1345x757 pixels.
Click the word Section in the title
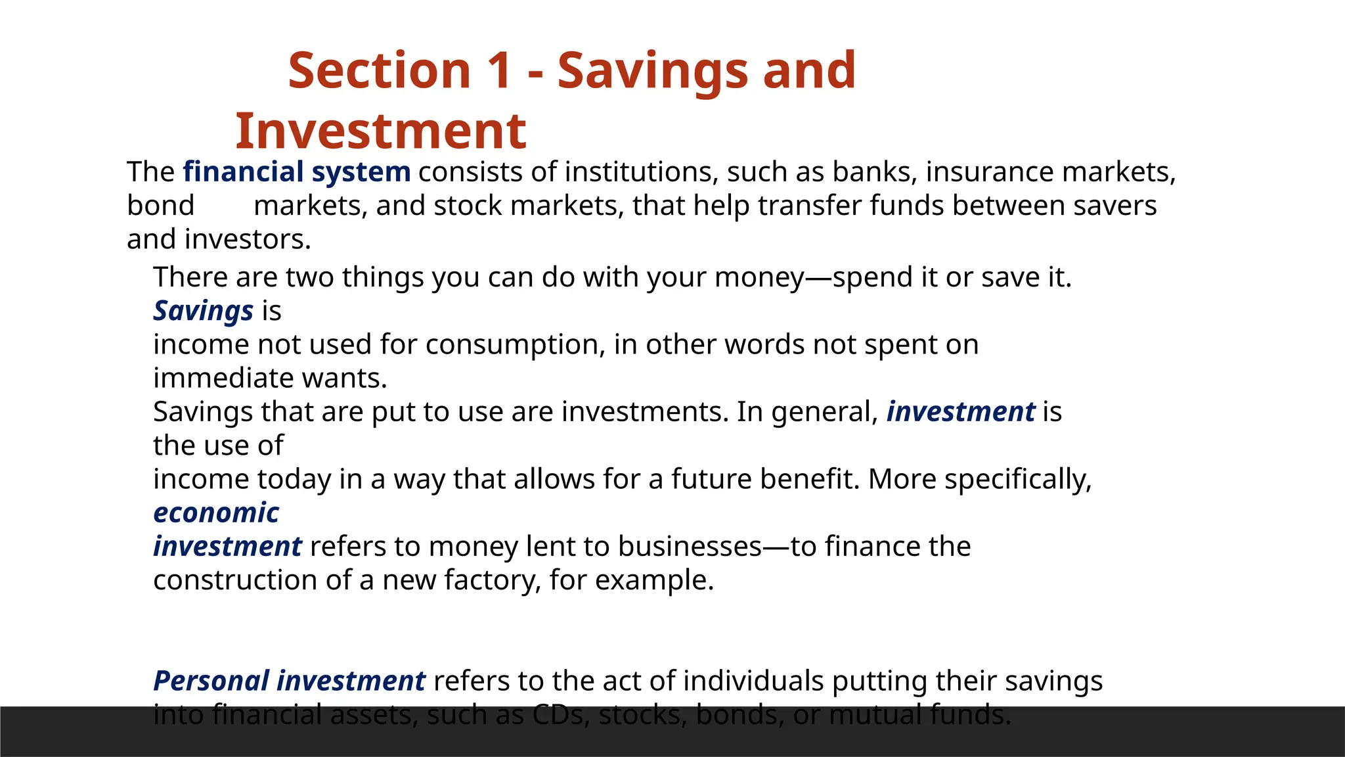point(380,70)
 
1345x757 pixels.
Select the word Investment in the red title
point(380,131)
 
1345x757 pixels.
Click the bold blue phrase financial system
point(296,172)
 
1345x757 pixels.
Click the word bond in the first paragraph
point(160,206)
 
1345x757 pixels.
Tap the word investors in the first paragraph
point(247,240)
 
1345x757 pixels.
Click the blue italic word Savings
point(203,311)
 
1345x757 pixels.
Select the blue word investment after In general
point(960,412)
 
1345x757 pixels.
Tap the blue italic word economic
point(216,513)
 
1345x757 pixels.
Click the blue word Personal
point(211,681)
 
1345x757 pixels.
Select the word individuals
point(753,681)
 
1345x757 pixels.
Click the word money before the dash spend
point(759,277)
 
